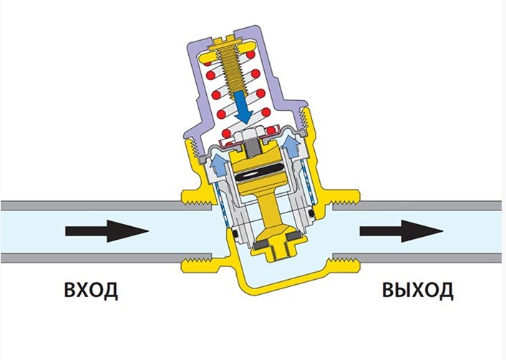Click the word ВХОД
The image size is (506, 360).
91,291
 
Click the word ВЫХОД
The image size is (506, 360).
417,291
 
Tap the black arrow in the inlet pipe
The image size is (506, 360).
107,231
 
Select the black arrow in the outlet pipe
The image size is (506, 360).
402,231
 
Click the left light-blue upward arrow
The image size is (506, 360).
218,165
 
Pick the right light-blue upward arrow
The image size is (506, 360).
291,146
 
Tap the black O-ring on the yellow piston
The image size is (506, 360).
260,175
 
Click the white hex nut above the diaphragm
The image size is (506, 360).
253,136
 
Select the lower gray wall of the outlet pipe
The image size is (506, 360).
417,258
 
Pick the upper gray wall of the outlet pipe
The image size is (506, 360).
417,205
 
